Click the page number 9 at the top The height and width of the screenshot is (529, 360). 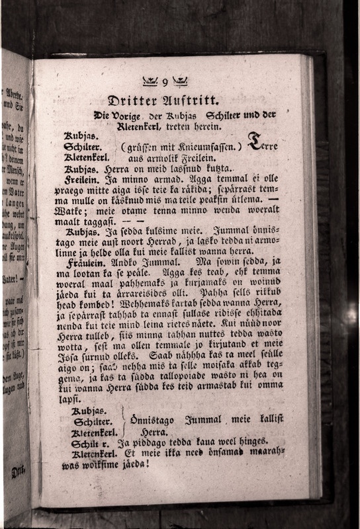point(165,81)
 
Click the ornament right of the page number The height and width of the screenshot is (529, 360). point(180,81)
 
